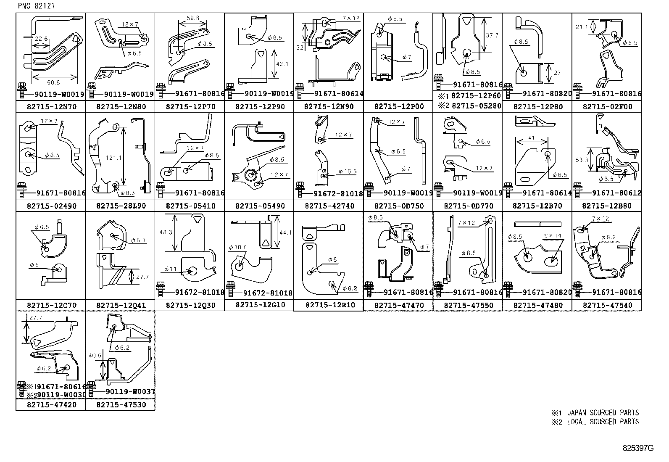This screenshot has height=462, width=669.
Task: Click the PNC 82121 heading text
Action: coord(36,6)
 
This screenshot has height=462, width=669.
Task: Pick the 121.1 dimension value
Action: coord(114,158)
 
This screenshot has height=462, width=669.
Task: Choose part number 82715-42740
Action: coord(329,206)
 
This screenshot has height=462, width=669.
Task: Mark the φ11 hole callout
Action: coord(171,269)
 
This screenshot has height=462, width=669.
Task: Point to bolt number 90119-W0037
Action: coord(130,391)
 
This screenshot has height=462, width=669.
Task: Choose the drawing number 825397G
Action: coord(638,448)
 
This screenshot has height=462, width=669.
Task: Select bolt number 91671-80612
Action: coord(616,193)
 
